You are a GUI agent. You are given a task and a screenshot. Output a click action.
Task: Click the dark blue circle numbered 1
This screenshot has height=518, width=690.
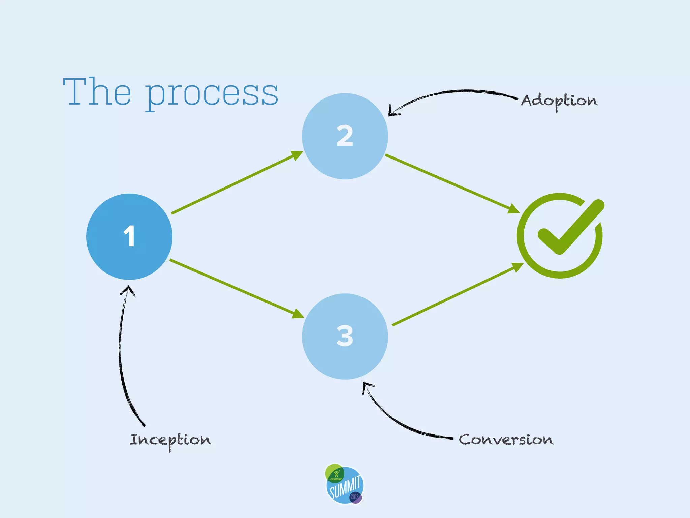129,237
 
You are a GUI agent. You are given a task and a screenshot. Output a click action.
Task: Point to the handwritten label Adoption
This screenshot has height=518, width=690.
559,101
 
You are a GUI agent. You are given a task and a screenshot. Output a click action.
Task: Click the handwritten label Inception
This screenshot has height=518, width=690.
170,440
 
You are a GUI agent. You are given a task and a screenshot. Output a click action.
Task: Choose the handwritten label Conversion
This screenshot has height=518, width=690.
506,440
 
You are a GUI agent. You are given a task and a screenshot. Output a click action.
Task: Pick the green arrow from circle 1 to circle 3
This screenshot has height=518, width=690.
236,289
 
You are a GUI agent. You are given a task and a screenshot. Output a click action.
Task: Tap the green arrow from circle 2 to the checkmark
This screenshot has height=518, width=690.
451,184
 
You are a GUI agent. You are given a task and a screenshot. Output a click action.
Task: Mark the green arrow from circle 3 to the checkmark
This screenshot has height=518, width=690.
457,294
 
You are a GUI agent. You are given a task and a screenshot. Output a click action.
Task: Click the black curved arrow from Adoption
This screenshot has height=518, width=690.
451,92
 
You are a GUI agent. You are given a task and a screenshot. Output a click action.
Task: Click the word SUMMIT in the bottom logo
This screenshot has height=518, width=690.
345,487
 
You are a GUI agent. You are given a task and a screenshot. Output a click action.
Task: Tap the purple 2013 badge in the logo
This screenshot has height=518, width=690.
355,497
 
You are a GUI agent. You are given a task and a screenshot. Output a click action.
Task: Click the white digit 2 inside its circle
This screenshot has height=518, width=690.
345,136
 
